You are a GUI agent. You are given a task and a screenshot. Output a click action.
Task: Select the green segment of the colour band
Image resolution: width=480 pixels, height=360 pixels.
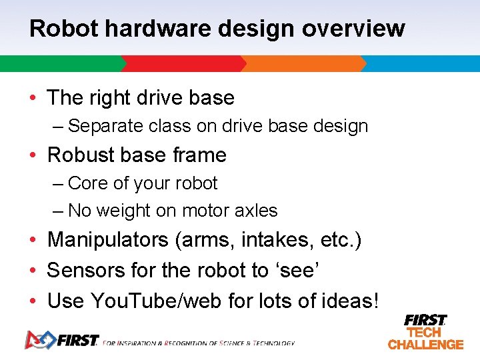click(60, 64)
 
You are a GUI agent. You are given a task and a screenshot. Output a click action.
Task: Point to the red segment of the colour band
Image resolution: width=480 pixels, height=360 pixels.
click(183, 64)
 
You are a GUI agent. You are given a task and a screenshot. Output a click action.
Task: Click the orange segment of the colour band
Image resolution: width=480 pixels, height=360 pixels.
click(303, 64)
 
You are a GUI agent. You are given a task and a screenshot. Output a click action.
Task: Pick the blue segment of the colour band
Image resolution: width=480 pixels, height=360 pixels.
click(421, 64)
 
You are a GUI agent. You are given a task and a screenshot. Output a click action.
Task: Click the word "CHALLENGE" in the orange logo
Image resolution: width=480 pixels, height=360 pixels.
click(425, 345)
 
